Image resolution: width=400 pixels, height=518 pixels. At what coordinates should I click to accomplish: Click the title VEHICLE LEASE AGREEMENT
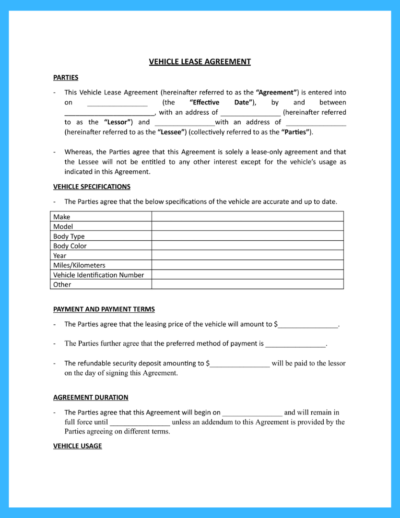click(200, 62)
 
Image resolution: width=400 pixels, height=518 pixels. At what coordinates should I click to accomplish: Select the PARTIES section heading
click(66, 78)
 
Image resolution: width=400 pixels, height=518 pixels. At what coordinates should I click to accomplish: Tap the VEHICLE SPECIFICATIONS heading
click(92, 187)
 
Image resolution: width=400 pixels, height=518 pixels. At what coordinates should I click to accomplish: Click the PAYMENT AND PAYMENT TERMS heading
click(104, 309)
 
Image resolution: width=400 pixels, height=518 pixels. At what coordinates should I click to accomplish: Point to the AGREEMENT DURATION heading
click(91, 398)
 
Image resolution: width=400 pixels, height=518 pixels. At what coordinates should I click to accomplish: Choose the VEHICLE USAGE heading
click(77, 446)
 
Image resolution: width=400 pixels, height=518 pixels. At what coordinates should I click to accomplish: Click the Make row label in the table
click(61, 217)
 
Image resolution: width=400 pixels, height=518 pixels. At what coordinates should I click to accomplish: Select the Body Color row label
click(70, 246)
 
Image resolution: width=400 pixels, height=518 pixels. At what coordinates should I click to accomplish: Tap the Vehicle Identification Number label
click(98, 275)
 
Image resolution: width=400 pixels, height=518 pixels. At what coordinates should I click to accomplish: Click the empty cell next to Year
click(247, 256)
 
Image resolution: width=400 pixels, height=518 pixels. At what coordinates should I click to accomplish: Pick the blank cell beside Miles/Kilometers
click(247, 265)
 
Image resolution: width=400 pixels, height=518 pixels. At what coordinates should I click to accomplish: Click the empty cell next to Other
click(247, 284)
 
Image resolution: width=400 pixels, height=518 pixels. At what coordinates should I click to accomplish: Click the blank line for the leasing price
click(308, 325)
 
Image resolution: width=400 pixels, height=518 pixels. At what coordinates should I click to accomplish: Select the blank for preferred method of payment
click(295, 344)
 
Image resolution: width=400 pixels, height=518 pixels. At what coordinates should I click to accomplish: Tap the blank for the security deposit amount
click(240, 365)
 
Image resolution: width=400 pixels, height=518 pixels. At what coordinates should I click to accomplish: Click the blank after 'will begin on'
click(252, 413)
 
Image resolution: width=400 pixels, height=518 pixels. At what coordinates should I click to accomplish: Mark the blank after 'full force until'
click(140, 424)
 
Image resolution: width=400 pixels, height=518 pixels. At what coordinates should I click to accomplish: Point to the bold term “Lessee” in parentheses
click(172, 132)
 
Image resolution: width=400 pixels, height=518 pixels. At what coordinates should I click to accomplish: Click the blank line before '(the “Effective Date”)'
click(117, 104)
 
